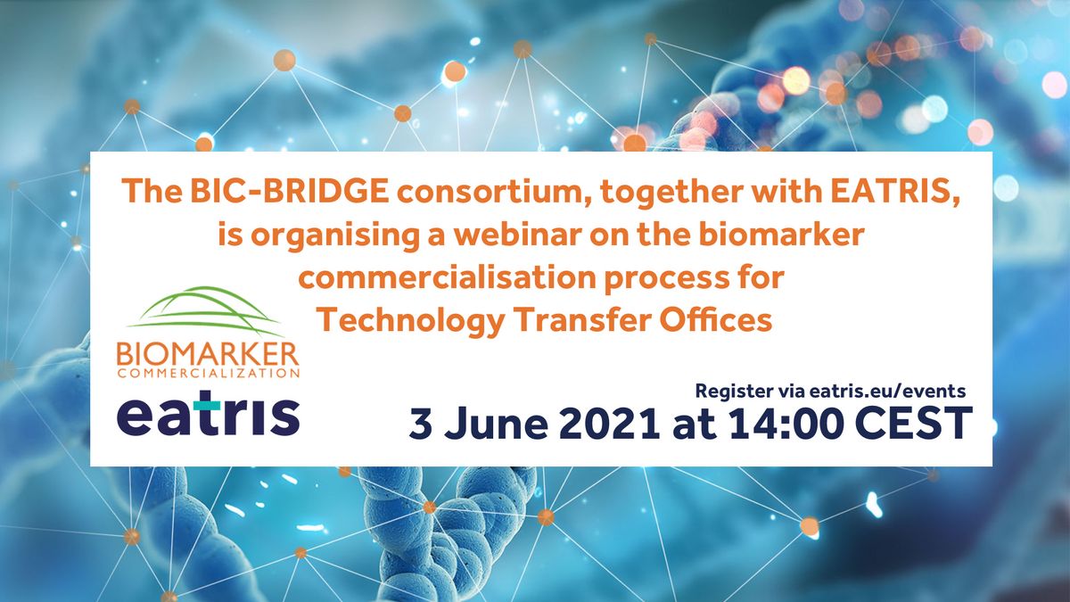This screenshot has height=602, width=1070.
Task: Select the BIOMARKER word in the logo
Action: [208, 355]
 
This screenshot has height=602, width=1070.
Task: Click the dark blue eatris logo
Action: [208, 416]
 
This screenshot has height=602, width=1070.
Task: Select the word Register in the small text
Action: [730, 391]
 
